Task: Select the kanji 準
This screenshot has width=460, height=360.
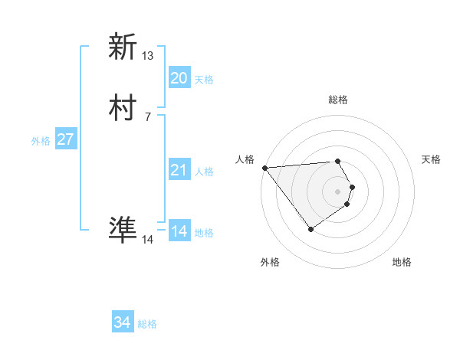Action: (123, 231)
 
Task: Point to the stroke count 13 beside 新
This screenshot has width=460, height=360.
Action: (148, 56)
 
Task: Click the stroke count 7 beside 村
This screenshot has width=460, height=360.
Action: (148, 117)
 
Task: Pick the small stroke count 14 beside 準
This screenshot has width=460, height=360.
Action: (148, 240)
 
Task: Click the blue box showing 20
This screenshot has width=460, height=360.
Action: (179, 78)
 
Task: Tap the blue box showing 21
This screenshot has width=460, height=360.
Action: (179, 170)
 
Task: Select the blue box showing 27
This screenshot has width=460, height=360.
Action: (66, 139)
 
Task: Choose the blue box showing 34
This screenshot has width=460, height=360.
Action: (123, 322)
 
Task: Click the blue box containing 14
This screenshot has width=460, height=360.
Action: (179, 231)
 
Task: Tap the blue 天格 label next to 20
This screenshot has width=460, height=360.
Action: (204, 80)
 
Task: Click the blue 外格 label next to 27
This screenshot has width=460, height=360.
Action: (41, 141)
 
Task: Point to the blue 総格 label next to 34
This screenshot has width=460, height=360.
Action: (147, 324)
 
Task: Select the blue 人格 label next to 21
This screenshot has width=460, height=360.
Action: (204, 172)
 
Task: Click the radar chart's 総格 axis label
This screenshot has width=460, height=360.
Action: (338, 100)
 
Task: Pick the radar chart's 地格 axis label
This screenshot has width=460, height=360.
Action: (402, 262)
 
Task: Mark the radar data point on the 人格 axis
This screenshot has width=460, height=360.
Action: (264, 168)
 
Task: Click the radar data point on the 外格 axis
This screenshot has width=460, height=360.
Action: (310, 228)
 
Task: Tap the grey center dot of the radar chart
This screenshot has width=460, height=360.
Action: (338, 191)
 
